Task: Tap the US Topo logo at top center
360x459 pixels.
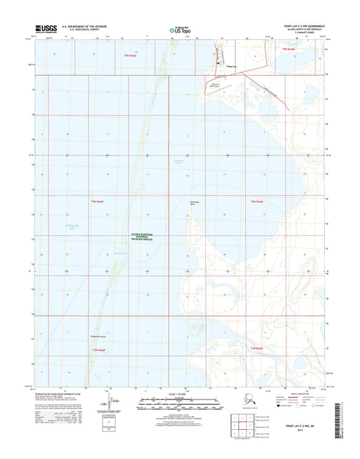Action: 179,29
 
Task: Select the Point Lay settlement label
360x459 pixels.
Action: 230,66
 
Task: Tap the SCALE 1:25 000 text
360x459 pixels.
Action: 179,393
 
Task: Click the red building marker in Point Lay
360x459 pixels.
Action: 217,64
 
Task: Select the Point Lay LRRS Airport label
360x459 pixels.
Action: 215,86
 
